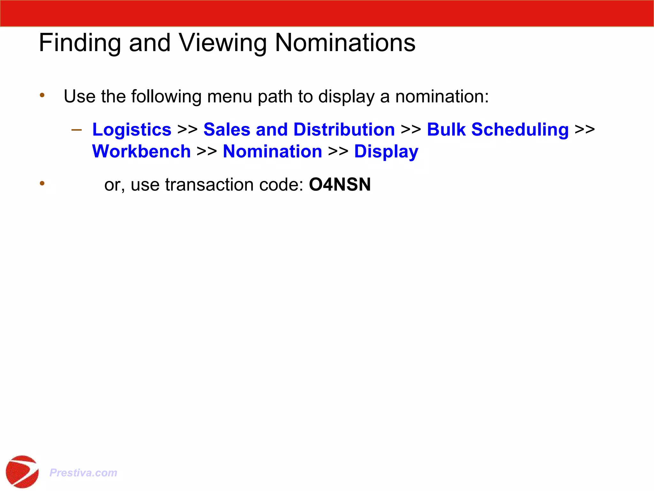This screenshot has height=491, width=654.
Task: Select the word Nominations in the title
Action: pyautogui.click(x=345, y=43)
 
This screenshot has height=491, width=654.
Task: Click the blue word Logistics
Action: pyautogui.click(x=132, y=130)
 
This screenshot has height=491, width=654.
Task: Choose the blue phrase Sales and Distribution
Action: pyautogui.click(x=299, y=130)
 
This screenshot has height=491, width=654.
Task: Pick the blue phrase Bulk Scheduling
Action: pyautogui.click(x=498, y=130)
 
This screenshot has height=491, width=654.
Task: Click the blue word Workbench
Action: pyautogui.click(x=141, y=152)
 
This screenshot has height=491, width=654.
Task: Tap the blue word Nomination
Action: pyautogui.click(x=272, y=152)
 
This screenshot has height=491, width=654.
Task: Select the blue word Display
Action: pyautogui.click(x=386, y=152)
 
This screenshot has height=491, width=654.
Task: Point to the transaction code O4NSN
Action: pyautogui.click(x=340, y=185)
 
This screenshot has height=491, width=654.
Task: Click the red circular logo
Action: pyautogui.click(x=22, y=472)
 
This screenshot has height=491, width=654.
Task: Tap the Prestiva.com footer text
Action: pyautogui.click(x=83, y=472)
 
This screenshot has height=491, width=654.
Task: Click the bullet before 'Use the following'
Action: pyautogui.click(x=42, y=95)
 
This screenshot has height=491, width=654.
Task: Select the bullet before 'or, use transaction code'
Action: pyautogui.click(x=42, y=183)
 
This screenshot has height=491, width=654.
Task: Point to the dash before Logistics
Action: pyautogui.click(x=77, y=130)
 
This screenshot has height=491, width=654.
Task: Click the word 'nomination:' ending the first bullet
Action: pyautogui.click(x=442, y=97)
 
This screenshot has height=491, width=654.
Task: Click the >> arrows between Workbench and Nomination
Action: pyautogui.click(x=207, y=152)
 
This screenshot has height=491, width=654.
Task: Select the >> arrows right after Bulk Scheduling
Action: pyautogui.click(x=585, y=130)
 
